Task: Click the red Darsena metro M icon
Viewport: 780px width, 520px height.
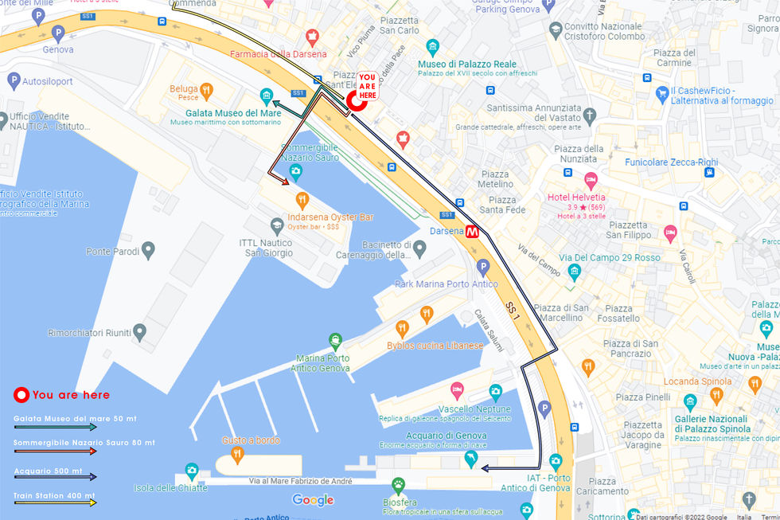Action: point(473,233)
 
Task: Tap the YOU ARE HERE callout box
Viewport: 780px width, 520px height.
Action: point(367,85)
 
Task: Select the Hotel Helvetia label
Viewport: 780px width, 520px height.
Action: point(576,197)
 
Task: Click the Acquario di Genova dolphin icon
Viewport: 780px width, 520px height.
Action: point(471,459)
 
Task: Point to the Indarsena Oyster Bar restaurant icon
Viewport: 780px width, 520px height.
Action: point(302,199)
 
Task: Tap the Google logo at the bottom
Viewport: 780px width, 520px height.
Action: point(313,500)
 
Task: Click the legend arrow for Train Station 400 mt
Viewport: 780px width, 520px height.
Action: point(55,503)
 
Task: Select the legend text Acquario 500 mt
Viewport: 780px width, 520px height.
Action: point(48,471)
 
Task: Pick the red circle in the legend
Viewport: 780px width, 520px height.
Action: point(21,395)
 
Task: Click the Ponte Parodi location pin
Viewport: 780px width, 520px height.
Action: point(146,252)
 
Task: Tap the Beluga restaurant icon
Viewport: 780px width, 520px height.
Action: point(207,90)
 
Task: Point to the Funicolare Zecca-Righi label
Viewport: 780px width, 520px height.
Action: point(671,162)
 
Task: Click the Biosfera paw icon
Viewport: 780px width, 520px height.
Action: point(399,483)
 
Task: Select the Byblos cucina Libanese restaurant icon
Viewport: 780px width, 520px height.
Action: point(402,327)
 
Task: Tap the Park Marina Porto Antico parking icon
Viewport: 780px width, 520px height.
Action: point(482,267)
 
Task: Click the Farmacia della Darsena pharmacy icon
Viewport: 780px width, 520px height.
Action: point(312,37)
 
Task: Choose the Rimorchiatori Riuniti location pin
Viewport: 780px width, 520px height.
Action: point(140,331)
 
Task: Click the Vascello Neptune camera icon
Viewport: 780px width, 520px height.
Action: point(495,392)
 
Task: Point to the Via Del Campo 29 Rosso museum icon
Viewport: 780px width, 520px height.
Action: point(575,272)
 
